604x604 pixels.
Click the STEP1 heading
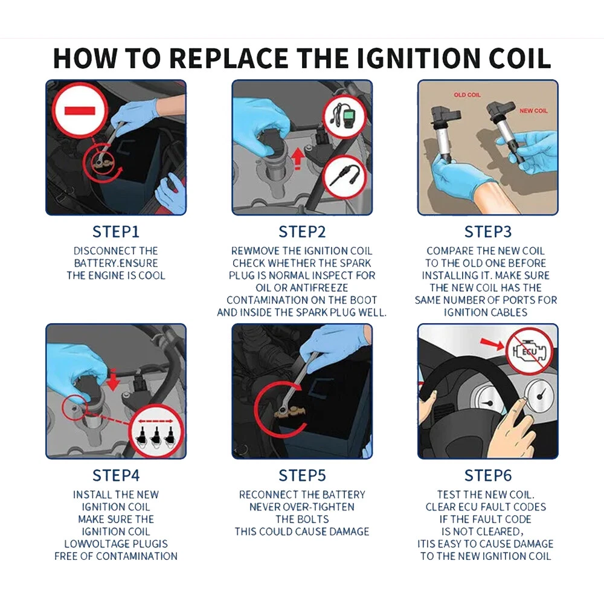tap(115, 232)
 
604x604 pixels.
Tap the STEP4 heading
tap(116, 475)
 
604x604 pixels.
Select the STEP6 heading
tap(487, 475)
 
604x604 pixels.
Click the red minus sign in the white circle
tap(80, 111)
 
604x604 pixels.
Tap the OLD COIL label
tap(467, 95)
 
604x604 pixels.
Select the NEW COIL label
tap(533, 111)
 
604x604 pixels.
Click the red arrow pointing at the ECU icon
tap(492, 344)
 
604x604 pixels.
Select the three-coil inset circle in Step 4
tap(156, 432)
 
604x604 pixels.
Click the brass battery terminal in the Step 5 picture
tap(290, 412)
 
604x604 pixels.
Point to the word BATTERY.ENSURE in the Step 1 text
tap(116, 263)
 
